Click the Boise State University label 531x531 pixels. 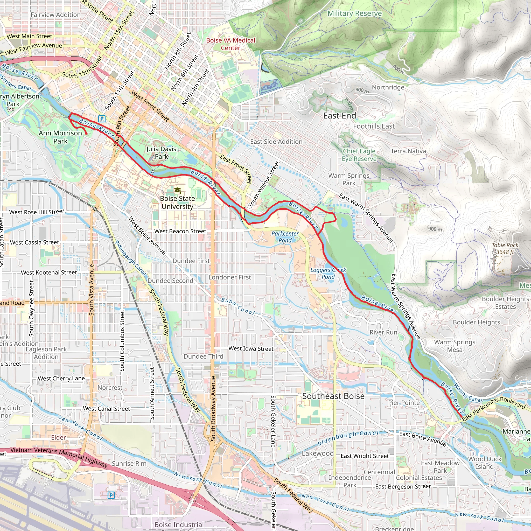(177, 202)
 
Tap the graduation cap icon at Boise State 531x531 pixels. (177, 190)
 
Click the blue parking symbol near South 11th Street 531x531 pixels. (102, 119)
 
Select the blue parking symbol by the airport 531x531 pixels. (111, 495)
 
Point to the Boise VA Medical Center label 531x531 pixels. (230, 44)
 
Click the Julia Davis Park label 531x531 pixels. (161, 152)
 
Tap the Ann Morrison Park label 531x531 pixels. (60, 137)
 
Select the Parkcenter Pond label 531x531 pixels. (285, 237)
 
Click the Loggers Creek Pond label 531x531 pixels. (328, 273)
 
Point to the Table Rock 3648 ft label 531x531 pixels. (505, 248)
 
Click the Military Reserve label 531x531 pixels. (354, 13)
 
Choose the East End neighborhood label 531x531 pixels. (339, 116)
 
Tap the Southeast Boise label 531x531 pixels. (333, 396)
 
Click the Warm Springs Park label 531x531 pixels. (349, 179)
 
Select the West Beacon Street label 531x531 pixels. (180, 232)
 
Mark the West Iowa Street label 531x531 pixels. (251, 348)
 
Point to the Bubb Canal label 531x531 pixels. (238, 306)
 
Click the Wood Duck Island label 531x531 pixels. (485, 463)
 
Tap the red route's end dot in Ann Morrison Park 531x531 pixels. (86, 134)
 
